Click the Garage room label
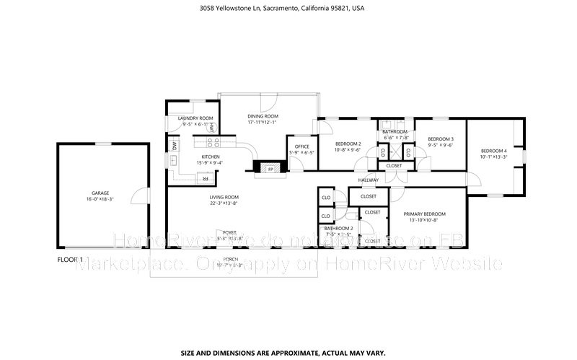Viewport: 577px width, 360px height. click(x=100, y=193)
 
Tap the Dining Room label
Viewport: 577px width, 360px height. click(x=263, y=116)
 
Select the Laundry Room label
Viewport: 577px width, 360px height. click(x=196, y=118)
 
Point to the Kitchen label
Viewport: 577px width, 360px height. click(x=211, y=157)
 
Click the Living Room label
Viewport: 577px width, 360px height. click(x=224, y=197)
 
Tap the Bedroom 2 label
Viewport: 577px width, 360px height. click(x=348, y=144)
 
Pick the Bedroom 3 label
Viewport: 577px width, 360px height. click(x=440, y=139)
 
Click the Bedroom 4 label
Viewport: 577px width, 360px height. click(x=494, y=151)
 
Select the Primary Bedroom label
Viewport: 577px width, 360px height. click(x=424, y=214)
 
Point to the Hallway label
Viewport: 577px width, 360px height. click(x=368, y=180)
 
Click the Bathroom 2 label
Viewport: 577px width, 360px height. click(x=338, y=228)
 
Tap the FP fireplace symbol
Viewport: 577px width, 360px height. click(x=271, y=169)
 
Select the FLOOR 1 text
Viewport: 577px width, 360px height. click(x=71, y=258)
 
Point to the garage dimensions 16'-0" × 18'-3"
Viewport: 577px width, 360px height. click(x=100, y=200)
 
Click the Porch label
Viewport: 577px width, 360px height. click(x=230, y=258)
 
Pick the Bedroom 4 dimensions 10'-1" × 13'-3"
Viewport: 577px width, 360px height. click(x=494, y=157)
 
